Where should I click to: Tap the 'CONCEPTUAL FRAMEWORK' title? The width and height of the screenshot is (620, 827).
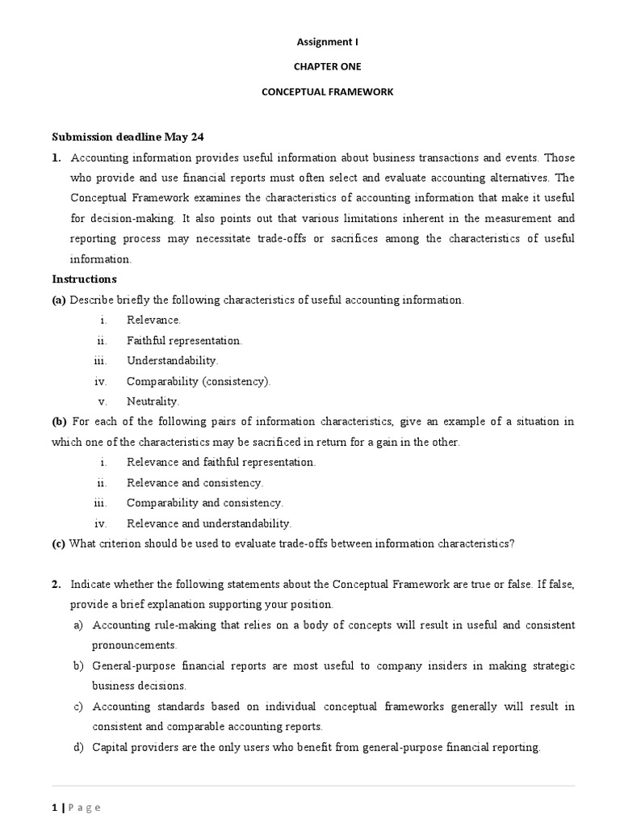tap(327, 92)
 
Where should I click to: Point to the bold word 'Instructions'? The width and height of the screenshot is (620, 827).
tap(84, 279)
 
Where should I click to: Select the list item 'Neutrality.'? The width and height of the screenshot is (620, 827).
tap(153, 401)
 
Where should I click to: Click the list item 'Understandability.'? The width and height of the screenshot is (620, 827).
tap(172, 361)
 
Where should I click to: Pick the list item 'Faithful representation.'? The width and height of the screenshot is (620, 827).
tap(184, 341)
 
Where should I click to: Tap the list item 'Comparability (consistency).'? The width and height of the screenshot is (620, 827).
tap(199, 381)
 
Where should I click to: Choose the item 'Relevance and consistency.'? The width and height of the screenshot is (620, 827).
tap(195, 483)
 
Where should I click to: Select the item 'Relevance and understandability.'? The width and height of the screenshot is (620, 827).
tap(208, 523)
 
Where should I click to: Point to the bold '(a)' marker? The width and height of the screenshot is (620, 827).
tap(59, 300)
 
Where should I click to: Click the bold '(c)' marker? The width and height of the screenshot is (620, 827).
tap(59, 544)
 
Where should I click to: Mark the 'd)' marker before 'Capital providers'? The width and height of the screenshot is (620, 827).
tap(78, 747)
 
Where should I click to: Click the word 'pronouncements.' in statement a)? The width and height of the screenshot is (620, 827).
tap(135, 645)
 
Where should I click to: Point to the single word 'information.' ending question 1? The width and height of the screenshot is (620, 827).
tap(100, 259)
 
